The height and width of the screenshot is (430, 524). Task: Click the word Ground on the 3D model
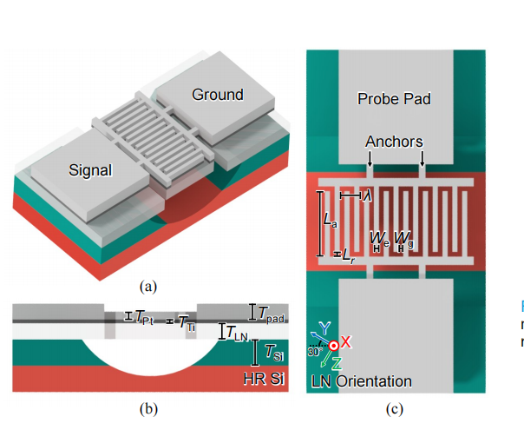tap(218, 94)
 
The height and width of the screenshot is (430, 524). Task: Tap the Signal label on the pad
tap(92, 170)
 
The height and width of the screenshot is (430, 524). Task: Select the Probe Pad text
tap(394, 99)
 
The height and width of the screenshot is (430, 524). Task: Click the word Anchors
tap(395, 141)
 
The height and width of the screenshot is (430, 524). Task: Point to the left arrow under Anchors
tap(370, 161)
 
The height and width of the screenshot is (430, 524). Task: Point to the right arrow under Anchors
tap(422, 161)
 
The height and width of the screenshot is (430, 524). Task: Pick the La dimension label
tap(330, 223)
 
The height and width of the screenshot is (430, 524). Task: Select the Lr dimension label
tap(348, 255)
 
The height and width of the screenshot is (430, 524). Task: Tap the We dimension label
tap(379, 236)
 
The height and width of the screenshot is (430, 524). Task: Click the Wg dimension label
tap(403, 236)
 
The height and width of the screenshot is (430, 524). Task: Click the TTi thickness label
tap(187, 323)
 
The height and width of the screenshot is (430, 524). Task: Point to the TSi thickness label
tap(273, 353)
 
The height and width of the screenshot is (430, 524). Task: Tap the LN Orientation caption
tap(361, 381)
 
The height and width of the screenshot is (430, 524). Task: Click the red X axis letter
tap(345, 342)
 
